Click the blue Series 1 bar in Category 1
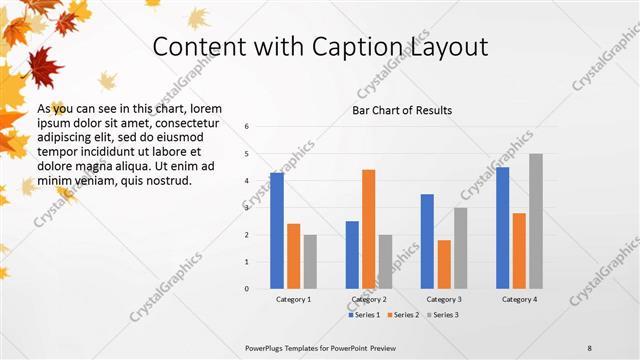point(277,231)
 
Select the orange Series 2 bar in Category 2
point(368,229)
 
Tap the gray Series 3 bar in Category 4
point(536,221)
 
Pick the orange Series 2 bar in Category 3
point(444,264)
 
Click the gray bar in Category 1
point(310,262)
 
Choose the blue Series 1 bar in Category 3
point(427,241)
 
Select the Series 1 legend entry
point(364,315)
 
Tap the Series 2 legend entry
point(402,315)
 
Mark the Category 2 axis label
point(369,299)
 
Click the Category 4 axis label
point(520,299)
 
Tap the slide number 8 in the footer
point(589,347)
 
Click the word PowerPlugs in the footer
point(270,347)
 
